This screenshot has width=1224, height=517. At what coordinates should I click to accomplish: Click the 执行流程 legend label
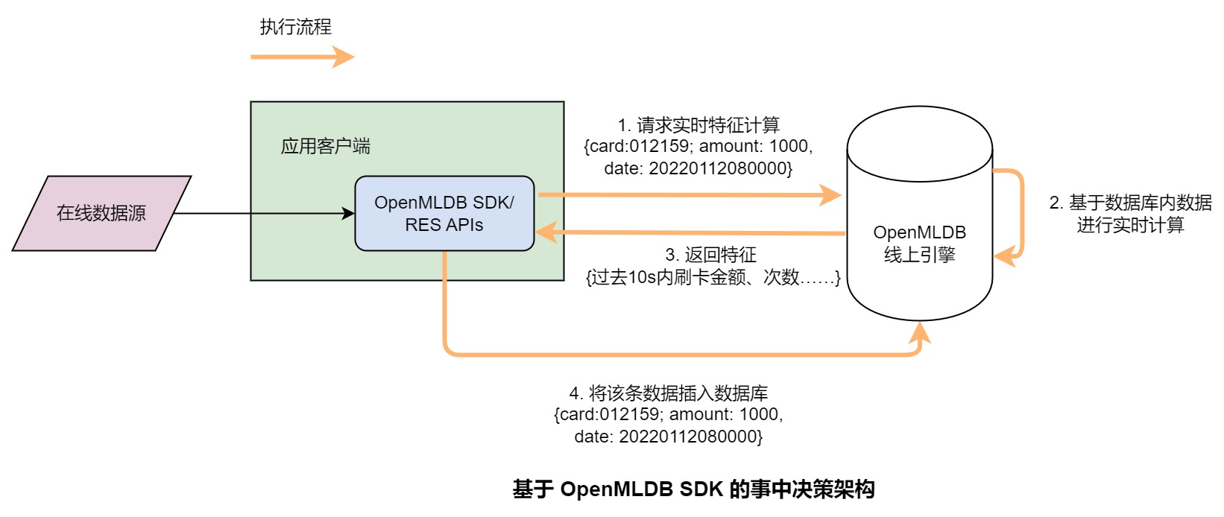point(295,28)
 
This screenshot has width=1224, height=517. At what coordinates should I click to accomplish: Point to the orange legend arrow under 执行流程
point(301,57)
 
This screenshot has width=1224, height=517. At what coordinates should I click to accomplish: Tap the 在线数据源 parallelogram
point(101,213)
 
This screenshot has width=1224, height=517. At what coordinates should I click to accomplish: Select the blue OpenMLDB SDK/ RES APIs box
point(444,213)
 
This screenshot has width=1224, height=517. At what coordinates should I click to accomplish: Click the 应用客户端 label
point(325,146)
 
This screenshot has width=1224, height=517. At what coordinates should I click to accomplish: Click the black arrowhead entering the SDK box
point(348,214)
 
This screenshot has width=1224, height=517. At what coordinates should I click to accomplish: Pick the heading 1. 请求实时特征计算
point(698,124)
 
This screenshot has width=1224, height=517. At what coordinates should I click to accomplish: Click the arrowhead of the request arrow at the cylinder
point(831,195)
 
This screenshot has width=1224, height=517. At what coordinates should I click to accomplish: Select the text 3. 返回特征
point(710,255)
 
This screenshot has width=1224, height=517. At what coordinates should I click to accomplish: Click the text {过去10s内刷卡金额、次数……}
point(713,278)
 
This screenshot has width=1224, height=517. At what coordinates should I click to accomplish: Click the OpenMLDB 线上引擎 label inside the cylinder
point(919,244)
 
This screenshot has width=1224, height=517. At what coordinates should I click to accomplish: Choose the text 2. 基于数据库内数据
point(1130,203)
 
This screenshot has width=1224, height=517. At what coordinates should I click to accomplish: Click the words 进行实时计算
point(1130,225)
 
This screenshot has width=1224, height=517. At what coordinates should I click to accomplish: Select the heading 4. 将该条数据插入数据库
point(668,393)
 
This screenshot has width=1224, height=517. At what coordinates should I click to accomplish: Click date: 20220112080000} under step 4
point(668,437)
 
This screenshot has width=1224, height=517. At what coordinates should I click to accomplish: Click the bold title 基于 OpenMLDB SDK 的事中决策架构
point(693,489)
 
